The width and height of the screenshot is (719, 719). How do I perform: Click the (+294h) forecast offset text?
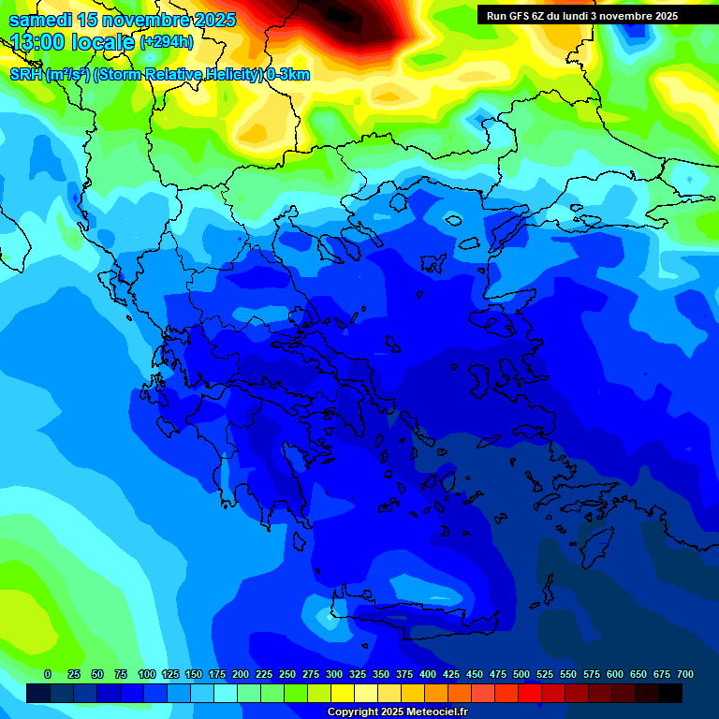pyautogui.click(x=167, y=42)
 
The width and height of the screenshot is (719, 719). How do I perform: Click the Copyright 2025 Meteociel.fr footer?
pyautogui.click(x=397, y=712)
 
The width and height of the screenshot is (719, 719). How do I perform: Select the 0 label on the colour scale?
pyautogui.click(x=48, y=674)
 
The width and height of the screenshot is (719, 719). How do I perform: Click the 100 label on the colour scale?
pyautogui.click(x=147, y=674)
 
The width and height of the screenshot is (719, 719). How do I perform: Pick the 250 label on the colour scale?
pyautogui.click(x=287, y=674)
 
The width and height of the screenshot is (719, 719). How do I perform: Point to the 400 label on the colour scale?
pyautogui.click(x=428, y=674)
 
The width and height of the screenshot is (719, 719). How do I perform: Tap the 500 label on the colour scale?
pyautogui.click(x=521, y=674)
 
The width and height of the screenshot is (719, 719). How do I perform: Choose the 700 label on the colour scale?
pyautogui.click(x=685, y=674)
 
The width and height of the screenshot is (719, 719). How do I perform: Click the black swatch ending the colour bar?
pyautogui.click(x=670, y=693)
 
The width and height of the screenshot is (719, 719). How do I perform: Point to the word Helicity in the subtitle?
pyautogui.click(x=228, y=75)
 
